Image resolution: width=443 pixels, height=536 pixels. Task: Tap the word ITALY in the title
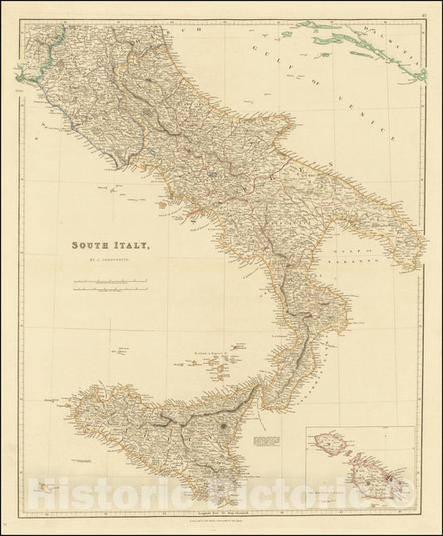tap(132, 246)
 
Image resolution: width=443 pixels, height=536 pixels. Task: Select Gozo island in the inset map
tap(331, 445)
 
